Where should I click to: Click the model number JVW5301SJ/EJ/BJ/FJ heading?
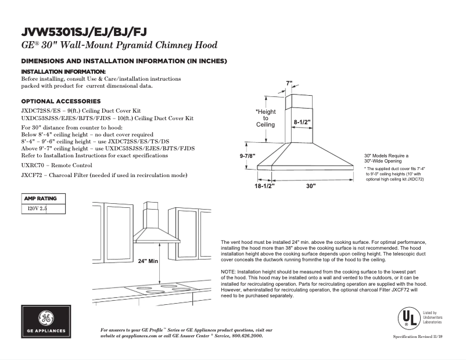point(88,32)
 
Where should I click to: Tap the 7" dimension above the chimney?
point(289,84)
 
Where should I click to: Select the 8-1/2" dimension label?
point(302,123)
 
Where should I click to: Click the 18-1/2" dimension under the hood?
point(264,186)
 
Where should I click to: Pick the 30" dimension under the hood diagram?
point(310,186)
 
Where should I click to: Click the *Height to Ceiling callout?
point(266,118)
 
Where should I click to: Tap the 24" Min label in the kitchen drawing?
point(149,261)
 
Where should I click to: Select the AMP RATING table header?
point(40,199)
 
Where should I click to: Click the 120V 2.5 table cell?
point(33,207)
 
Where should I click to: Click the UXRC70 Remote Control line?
point(56,165)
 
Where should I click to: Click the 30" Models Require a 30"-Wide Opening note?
point(386,158)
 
